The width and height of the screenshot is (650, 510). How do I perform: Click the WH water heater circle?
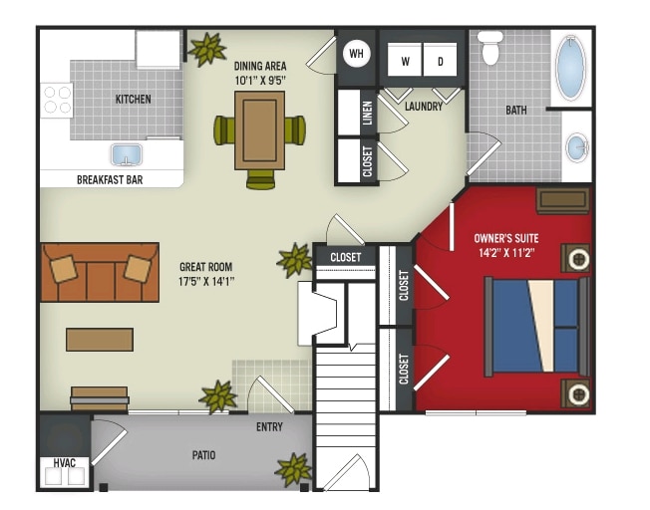point(356,53)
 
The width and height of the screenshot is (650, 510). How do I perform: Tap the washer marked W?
point(405,60)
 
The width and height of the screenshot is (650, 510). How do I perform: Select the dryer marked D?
point(440,60)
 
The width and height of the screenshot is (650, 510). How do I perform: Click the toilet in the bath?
point(490,48)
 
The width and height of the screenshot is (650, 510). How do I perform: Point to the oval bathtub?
point(571,67)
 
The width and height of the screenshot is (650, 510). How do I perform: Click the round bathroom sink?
point(578,147)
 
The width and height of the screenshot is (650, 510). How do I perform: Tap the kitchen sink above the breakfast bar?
point(127,155)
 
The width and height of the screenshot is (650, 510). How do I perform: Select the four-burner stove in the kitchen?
point(57,101)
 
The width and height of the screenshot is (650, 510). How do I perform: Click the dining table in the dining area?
point(260,130)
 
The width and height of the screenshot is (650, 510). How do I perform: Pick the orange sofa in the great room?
point(100,272)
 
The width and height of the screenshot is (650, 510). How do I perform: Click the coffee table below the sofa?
point(100,340)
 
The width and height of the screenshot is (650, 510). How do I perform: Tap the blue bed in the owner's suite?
point(536,327)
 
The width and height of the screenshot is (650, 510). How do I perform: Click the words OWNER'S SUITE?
point(506,238)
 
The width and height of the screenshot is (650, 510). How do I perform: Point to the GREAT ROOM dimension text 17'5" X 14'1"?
point(206,282)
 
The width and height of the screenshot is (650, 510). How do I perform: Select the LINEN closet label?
point(367,114)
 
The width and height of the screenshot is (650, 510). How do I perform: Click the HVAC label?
point(64,463)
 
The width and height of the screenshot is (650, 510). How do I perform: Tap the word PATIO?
point(203,455)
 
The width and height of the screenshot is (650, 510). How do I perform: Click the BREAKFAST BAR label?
point(110,180)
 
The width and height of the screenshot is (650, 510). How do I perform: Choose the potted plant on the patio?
point(294,469)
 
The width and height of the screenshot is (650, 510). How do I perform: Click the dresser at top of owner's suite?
point(563,201)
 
